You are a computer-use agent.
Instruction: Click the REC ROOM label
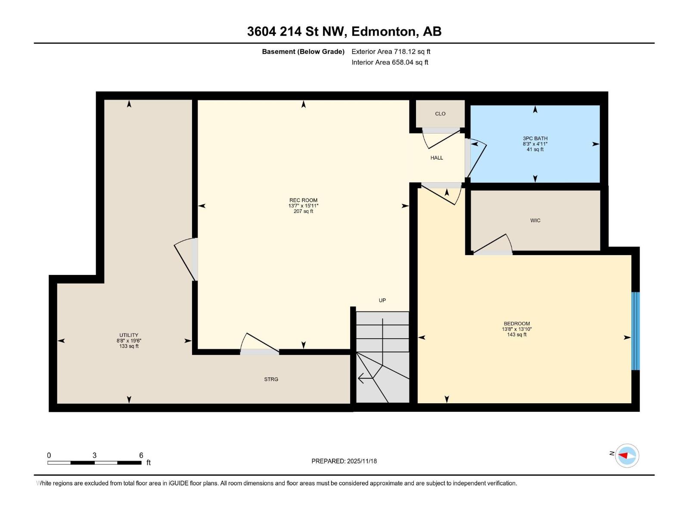coord(303,200)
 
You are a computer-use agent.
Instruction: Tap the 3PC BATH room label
coord(535,139)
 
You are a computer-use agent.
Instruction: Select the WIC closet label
coord(535,221)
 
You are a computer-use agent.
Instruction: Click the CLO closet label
coord(440,114)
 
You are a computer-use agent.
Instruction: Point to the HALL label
coord(437,158)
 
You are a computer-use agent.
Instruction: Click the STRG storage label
coord(271,380)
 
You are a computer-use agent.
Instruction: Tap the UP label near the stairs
coord(382,300)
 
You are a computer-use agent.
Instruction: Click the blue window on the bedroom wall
coord(635,331)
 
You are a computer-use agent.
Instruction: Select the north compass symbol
coord(627,455)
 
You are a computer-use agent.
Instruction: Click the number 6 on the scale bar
coord(141,455)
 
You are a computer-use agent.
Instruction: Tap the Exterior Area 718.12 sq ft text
coord(391,52)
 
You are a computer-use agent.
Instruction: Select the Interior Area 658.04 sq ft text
coord(390,62)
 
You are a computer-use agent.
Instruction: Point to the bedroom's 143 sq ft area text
coord(517,335)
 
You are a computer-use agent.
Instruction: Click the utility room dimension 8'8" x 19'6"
coord(129,341)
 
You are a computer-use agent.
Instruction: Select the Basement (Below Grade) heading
coord(303,52)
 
